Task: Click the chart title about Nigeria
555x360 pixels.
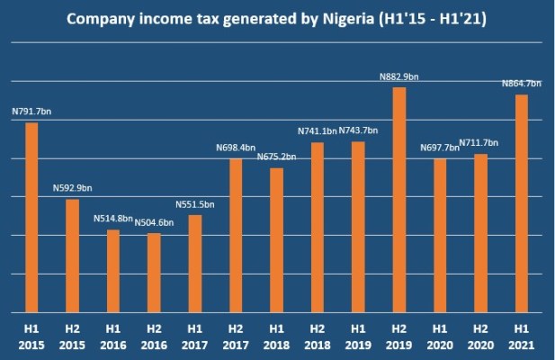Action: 277,19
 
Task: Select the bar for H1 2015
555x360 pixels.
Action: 31,216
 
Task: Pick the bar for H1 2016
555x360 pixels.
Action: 112,270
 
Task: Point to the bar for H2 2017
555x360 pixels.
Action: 236,234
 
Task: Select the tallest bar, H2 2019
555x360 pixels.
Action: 398,199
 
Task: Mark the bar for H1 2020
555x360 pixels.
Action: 440,234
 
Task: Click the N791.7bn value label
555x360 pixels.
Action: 33,112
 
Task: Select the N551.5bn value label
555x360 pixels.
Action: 195,204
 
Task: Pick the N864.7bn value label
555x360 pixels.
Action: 521,84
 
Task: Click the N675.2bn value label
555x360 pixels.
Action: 277,157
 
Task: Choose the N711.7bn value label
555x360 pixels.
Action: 481,143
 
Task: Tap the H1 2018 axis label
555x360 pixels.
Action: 276,336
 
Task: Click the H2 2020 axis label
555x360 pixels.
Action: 480,336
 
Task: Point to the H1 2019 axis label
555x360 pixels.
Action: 358,336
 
